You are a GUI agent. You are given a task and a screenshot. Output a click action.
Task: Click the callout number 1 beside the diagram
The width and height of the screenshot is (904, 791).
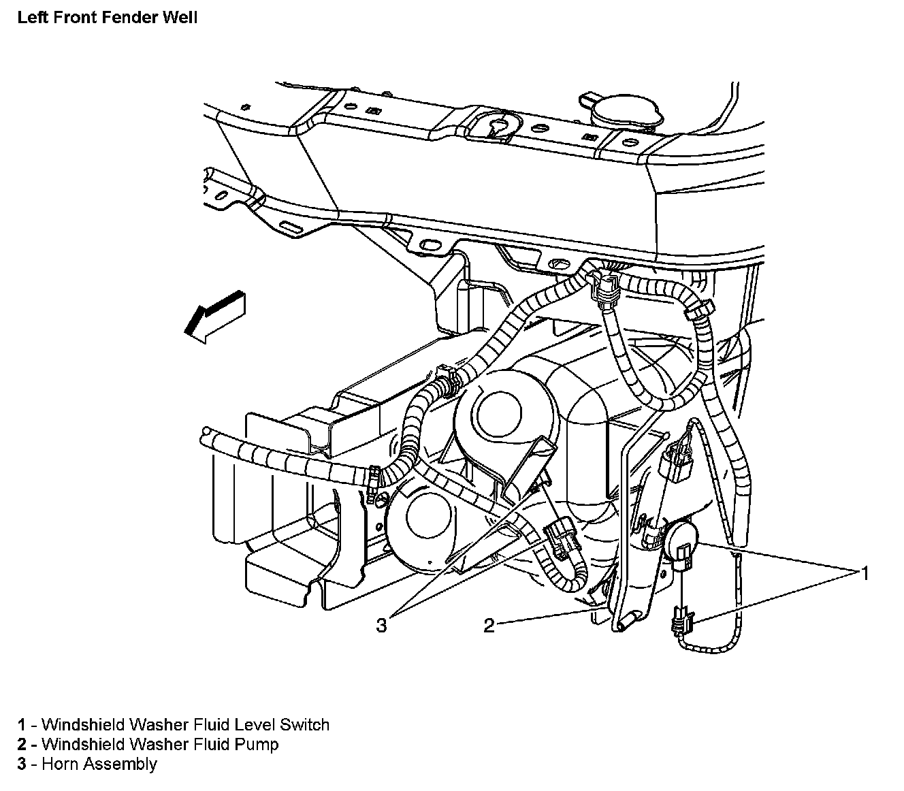click(865, 574)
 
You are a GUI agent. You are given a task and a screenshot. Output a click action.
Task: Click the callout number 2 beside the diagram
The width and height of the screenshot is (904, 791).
click(489, 625)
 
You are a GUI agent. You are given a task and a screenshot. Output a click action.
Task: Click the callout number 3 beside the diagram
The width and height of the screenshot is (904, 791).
click(381, 625)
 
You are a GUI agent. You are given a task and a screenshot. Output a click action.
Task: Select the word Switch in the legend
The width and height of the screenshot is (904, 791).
click(304, 724)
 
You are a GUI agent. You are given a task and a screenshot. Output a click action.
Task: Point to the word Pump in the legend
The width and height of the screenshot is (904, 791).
click(258, 744)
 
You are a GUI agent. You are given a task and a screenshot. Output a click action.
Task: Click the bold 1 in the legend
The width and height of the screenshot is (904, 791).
click(22, 724)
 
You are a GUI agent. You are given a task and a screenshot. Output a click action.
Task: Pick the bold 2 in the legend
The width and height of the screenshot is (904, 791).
click(22, 744)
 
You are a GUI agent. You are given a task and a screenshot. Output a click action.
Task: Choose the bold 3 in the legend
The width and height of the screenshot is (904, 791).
click(22, 764)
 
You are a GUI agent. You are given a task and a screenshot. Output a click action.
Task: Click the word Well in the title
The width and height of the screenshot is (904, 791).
click(180, 17)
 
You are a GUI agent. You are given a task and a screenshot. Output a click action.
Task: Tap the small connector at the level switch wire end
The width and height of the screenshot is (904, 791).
click(681, 621)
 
